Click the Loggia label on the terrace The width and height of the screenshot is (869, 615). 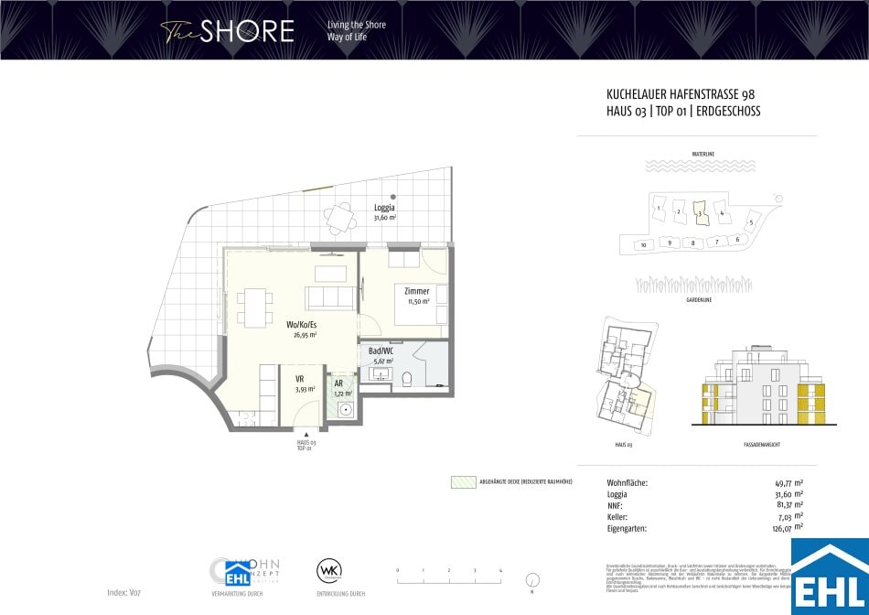pyautogui.click(x=384, y=207)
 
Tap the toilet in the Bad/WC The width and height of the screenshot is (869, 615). pyautogui.click(x=410, y=379)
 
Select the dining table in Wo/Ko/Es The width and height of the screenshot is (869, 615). pyautogui.click(x=254, y=307)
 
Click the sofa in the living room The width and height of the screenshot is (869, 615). pyautogui.click(x=328, y=297)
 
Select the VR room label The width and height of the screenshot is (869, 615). pyautogui.click(x=299, y=379)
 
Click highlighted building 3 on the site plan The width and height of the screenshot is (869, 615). pyautogui.click(x=700, y=212)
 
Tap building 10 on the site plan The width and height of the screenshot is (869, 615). pyautogui.click(x=644, y=244)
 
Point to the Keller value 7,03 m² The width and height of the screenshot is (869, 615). pyautogui.click(x=789, y=516)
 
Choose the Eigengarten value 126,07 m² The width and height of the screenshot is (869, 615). pyautogui.click(x=787, y=527)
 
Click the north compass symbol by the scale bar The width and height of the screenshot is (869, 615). pyautogui.click(x=532, y=579)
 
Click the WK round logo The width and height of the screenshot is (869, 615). pyautogui.click(x=328, y=570)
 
